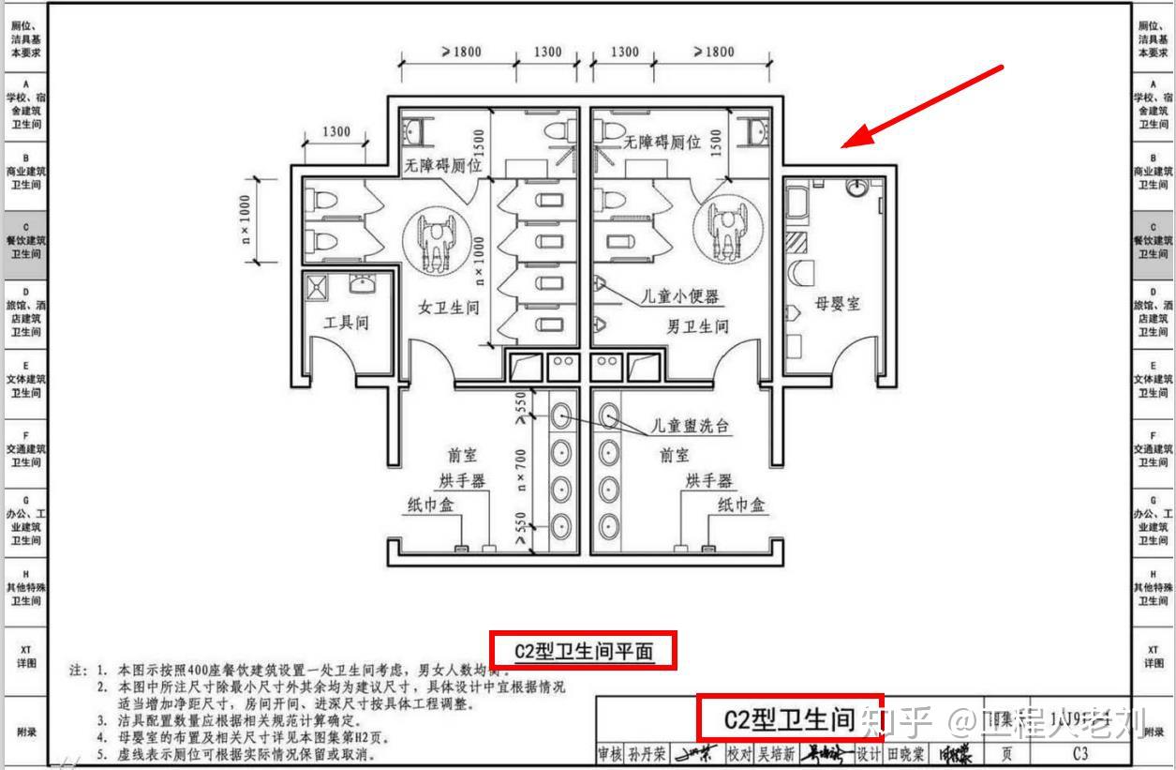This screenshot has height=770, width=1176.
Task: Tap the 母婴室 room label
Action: pyautogui.click(x=837, y=304)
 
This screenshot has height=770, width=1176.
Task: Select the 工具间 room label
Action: pyautogui.click(x=346, y=323)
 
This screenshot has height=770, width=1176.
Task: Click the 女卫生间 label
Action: pyautogui.click(x=449, y=307)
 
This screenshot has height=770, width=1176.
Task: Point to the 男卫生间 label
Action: pyautogui.click(x=697, y=326)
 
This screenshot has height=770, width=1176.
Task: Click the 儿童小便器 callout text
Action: pyautogui.click(x=679, y=296)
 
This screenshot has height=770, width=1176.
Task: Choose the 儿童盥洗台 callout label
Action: pyautogui.click(x=692, y=426)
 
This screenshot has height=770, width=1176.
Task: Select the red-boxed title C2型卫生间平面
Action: pyautogui.click(x=583, y=650)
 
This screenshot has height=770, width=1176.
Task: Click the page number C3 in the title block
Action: pyautogui.click(x=1080, y=753)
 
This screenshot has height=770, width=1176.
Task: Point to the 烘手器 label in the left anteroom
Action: pyautogui.click(x=462, y=481)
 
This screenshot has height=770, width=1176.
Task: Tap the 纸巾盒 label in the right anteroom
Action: pyautogui.click(x=741, y=505)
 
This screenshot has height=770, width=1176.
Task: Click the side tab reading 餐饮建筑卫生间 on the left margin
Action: pyautogui.click(x=25, y=241)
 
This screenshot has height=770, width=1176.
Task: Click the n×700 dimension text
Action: pyautogui.click(x=521, y=469)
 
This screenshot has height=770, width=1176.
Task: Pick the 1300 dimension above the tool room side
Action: pyautogui.click(x=335, y=132)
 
